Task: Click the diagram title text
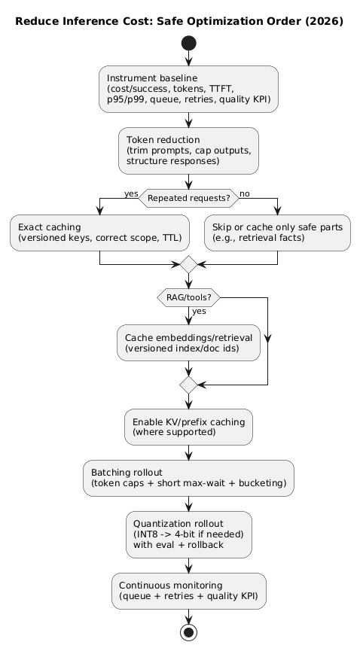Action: tap(179, 21)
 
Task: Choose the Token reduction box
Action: tap(188, 151)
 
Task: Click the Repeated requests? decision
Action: tap(188, 198)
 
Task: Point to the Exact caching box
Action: tap(99, 233)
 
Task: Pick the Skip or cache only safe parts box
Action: tap(278, 233)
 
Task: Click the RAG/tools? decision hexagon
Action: tap(188, 297)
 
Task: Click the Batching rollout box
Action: tap(188, 478)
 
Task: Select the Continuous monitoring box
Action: tap(188, 591)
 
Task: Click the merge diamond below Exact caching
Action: tap(188, 264)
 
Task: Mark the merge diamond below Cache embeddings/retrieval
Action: tap(188, 385)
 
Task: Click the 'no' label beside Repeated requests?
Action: tap(246, 193)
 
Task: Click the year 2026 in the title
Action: tap(325, 21)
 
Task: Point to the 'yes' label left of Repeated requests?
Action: tap(131, 193)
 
